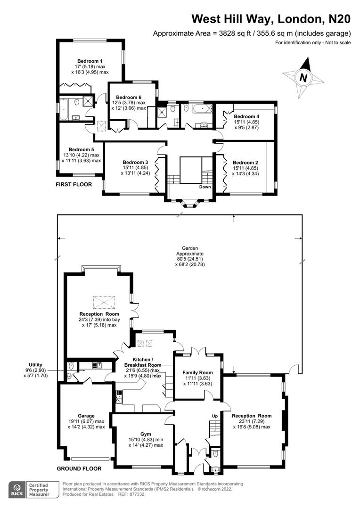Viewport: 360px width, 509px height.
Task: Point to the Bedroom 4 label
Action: [x=246, y=116]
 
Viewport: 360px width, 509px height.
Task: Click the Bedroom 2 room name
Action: [x=245, y=162]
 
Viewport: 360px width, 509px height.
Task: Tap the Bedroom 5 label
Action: [x=81, y=149]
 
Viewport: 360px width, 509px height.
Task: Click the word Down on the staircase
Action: [x=205, y=187]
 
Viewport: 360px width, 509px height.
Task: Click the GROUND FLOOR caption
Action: [x=79, y=468]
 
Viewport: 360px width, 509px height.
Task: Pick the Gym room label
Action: [x=146, y=433]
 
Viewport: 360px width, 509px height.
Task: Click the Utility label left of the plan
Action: [x=35, y=364]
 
